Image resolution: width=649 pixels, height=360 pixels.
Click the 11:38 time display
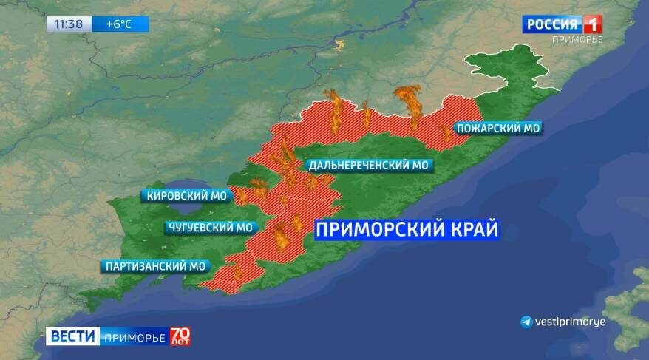(69, 24)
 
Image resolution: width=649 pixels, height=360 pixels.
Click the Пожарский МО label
(497, 129)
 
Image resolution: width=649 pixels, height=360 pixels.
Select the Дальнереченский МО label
(369, 166)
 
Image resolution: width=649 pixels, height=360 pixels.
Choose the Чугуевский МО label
(209, 227)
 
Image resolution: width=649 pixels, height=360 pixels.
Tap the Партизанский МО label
(155, 266)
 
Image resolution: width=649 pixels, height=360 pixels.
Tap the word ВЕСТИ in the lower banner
(72, 336)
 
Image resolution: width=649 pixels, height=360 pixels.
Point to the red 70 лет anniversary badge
(180, 336)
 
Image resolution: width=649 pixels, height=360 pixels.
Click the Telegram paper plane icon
(526, 322)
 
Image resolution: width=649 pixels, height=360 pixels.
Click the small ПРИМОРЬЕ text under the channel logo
(577, 40)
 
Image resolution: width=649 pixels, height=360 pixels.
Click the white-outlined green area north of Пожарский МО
(510, 74)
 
